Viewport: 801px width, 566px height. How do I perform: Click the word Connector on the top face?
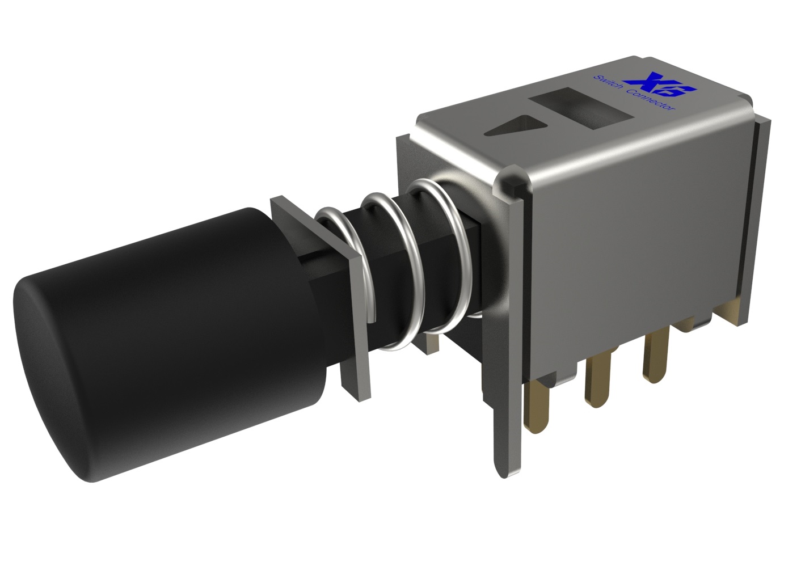coord(652,99)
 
